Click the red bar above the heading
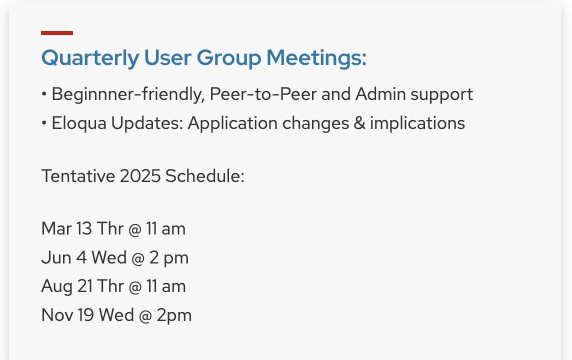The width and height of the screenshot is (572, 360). (57, 33)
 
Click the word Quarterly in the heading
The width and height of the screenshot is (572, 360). (90, 58)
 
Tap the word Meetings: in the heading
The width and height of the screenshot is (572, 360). (316, 58)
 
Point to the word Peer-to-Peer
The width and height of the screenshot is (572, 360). (263, 94)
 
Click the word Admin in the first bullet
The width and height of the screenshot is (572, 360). (380, 94)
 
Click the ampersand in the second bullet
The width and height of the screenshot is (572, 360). (359, 123)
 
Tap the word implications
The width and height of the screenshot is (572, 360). (417, 123)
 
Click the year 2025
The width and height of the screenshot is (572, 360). (140, 176)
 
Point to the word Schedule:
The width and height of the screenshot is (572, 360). (204, 176)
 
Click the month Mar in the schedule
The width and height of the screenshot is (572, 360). (56, 229)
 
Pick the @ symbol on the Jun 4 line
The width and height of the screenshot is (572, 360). (137, 258)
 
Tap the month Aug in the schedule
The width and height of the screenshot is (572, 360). (56, 286)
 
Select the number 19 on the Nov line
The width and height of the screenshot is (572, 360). (85, 315)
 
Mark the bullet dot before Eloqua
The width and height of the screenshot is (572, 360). (44, 123)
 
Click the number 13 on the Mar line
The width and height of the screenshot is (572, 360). (84, 229)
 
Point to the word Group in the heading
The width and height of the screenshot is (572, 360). (228, 58)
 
